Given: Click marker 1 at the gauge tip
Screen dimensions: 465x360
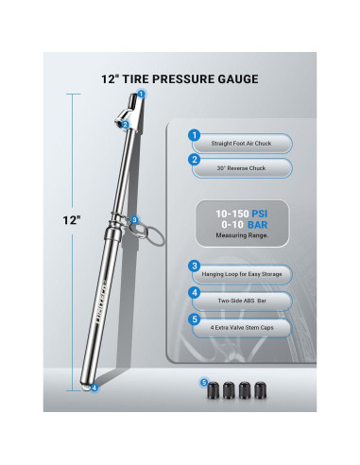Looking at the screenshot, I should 142,94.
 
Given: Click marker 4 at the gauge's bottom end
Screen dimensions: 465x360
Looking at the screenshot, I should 94,387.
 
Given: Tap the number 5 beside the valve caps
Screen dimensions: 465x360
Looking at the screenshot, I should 203,383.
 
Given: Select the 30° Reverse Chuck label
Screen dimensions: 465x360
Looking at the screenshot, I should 233,169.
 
